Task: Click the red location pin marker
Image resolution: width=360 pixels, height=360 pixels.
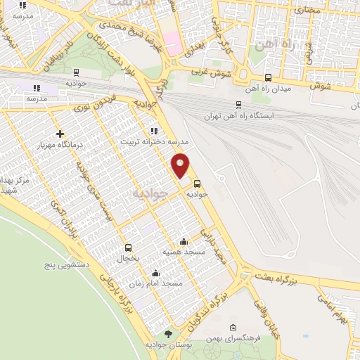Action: [x=181, y=165]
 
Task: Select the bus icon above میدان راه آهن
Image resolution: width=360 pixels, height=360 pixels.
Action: [x=267, y=77]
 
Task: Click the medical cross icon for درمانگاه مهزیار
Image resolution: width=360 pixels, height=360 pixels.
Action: [x=60, y=134]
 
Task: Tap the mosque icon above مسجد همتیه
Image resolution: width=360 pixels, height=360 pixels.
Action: [x=184, y=240]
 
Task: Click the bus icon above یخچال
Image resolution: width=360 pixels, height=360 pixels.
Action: [x=128, y=247]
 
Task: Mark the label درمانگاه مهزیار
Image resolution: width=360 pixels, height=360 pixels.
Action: [x=60, y=144]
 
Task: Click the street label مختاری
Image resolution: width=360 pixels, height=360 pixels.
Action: [x=307, y=11]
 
